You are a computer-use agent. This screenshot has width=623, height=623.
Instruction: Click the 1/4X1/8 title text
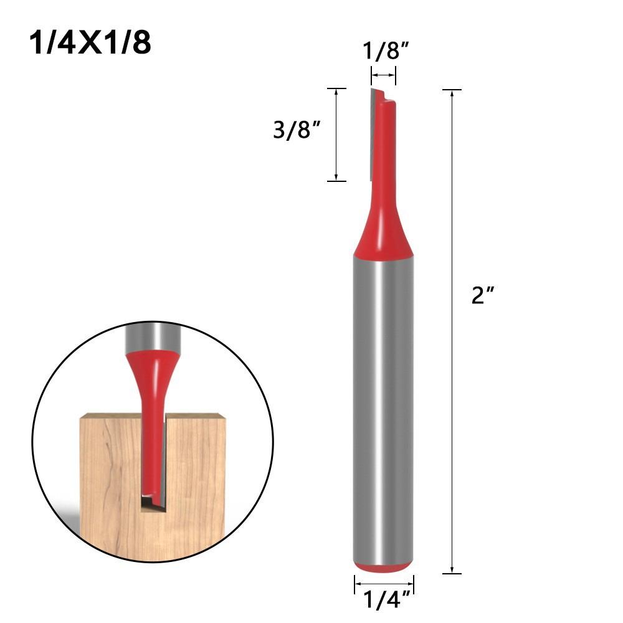(90, 44)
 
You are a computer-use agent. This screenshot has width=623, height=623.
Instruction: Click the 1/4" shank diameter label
(384, 601)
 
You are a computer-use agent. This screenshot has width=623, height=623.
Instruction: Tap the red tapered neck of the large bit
(383, 231)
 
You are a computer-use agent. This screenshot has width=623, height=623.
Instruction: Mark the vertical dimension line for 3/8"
(336, 135)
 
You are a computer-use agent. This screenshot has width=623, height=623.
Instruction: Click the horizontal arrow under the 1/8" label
(383, 75)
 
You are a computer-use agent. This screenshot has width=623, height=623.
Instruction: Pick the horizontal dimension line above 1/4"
(384, 584)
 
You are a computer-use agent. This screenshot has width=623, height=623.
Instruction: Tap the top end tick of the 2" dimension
(451, 90)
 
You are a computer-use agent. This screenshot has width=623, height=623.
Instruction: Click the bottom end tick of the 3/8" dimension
(336, 181)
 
